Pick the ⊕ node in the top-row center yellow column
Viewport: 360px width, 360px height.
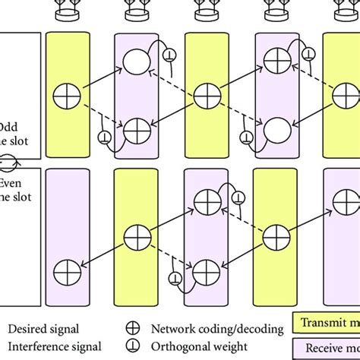[x=203, y=96]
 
